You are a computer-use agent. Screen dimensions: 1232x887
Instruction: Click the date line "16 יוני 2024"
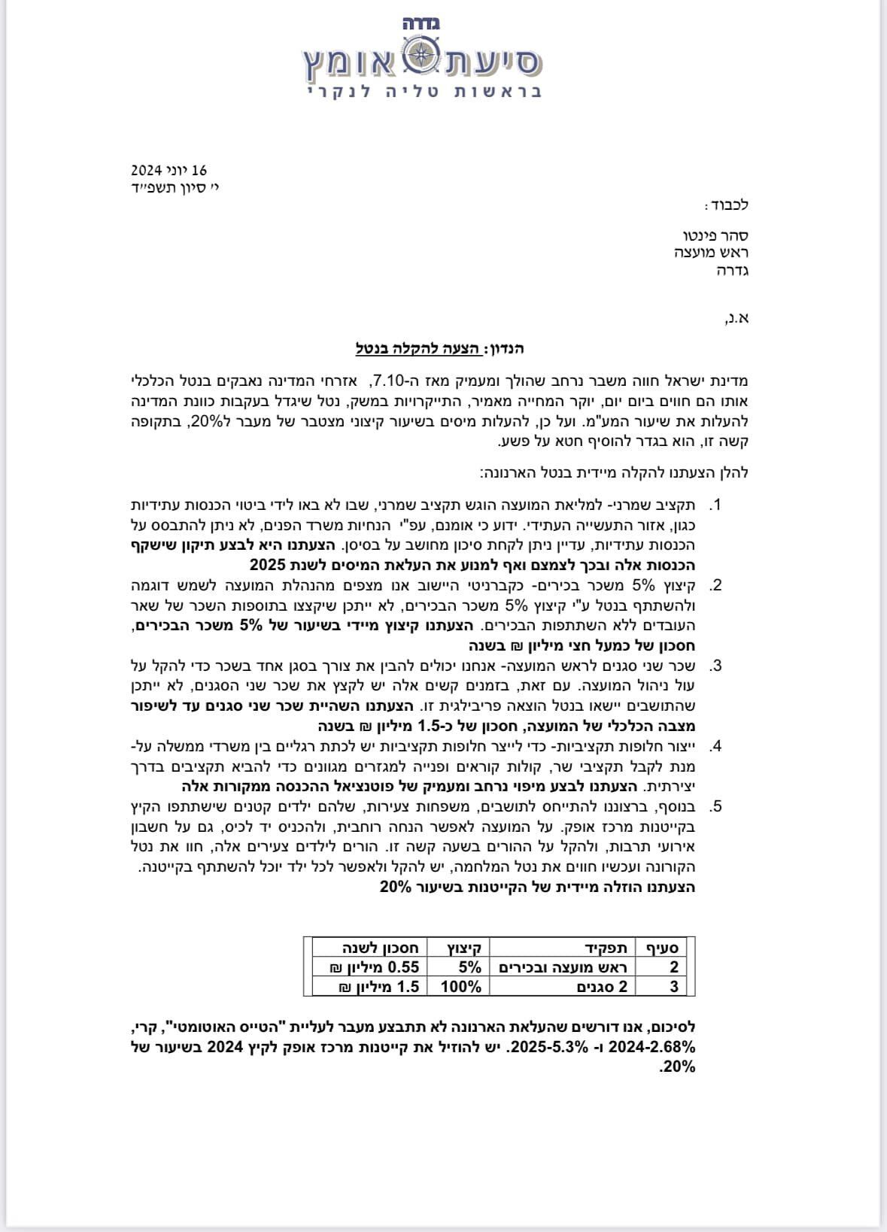[169, 171]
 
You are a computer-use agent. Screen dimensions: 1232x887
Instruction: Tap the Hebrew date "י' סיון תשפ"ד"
[169, 187]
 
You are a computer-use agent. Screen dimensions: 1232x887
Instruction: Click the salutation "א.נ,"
[736, 318]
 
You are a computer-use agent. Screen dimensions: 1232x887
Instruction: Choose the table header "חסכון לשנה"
[369, 948]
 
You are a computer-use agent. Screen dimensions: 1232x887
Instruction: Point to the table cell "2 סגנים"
[602, 987]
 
